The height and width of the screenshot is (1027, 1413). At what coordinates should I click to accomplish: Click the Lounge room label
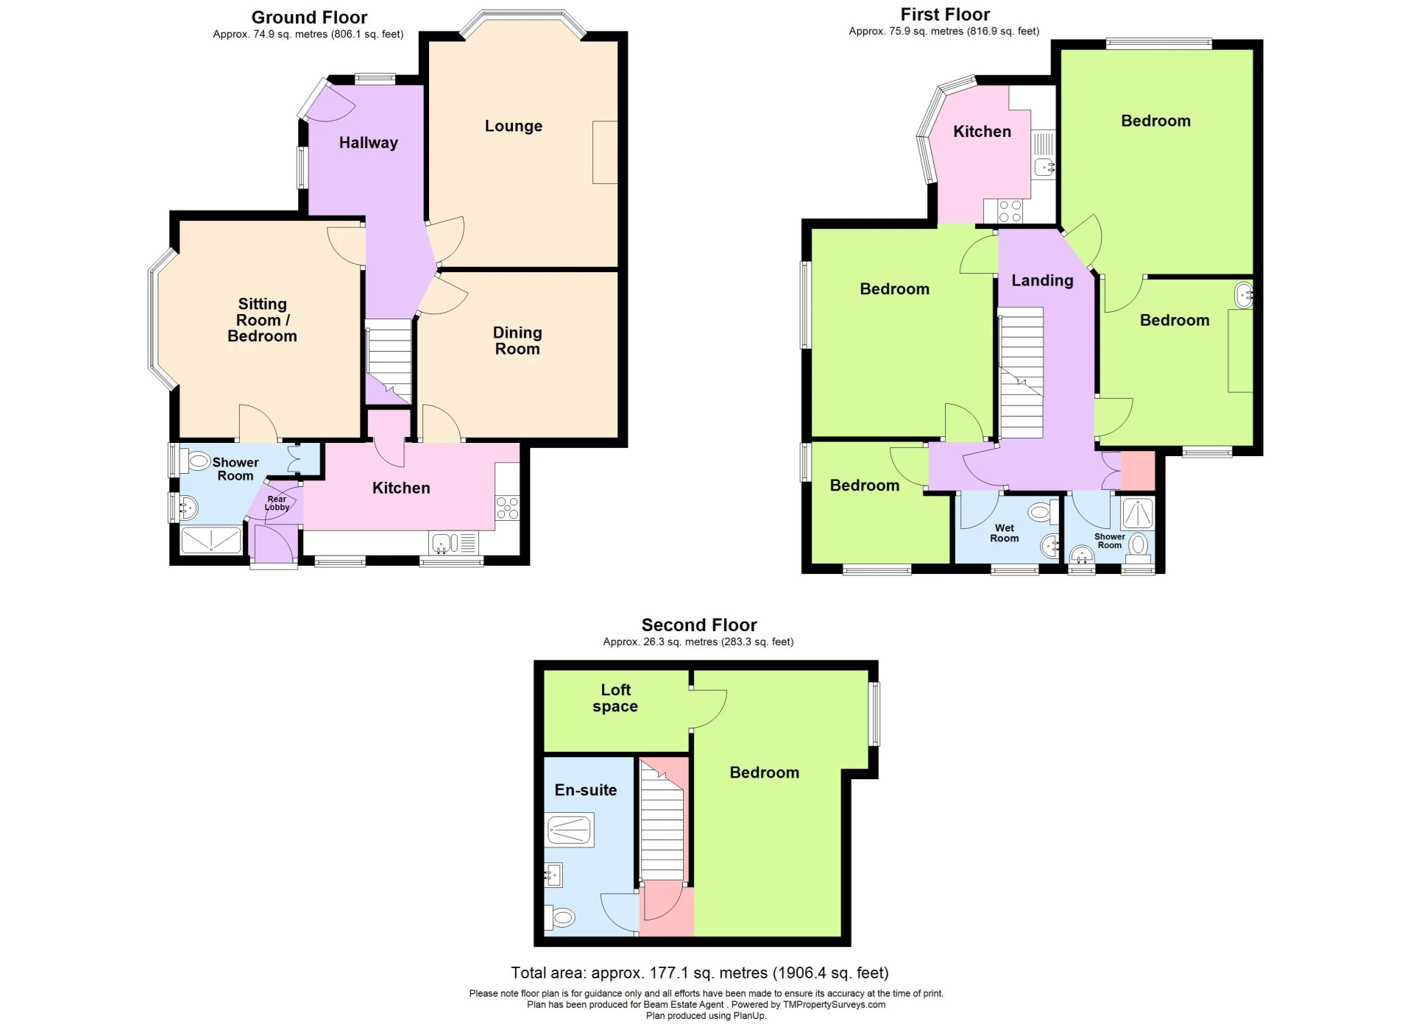click(x=513, y=126)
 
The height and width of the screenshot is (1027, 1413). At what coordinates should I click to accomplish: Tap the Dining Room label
click(x=517, y=341)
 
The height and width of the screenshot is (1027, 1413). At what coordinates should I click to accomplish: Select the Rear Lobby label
click(x=277, y=503)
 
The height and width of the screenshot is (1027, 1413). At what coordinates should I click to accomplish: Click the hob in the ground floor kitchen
click(x=507, y=508)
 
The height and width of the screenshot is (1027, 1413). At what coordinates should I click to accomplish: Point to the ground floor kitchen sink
click(x=442, y=544)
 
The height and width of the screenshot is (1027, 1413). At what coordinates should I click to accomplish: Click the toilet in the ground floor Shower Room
click(x=197, y=462)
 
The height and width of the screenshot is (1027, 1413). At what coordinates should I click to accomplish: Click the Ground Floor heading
click(x=309, y=17)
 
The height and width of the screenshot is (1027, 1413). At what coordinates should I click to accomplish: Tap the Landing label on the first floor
click(x=1041, y=280)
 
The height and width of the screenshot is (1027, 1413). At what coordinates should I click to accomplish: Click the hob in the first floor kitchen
click(x=1010, y=212)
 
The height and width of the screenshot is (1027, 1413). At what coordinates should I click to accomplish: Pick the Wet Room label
click(x=1004, y=533)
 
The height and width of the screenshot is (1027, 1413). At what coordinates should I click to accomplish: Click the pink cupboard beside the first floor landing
click(x=1137, y=471)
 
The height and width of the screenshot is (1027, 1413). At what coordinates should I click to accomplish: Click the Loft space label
click(x=615, y=698)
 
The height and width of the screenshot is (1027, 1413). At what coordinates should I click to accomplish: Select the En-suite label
click(x=585, y=790)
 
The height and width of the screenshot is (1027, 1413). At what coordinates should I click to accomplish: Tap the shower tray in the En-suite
click(x=569, y=830)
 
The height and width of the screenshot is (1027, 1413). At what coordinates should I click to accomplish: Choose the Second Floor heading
click(x=698, y=625)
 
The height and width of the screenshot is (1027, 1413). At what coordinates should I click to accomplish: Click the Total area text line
click(x=699, y=973)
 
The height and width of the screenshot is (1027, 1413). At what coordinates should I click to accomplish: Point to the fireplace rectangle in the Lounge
click(x=605, y=152)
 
